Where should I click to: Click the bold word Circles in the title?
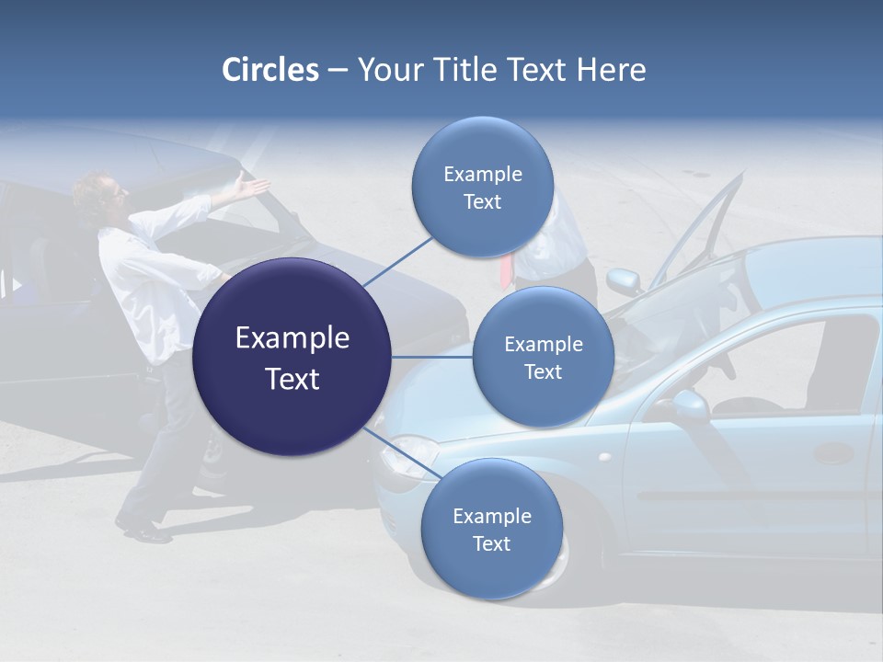pos(270,70)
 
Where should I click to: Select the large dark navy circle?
pos(292,357)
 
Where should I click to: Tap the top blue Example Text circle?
pos(482,188)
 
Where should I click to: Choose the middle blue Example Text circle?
pos(543,357)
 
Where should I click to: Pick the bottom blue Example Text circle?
pos(491,529)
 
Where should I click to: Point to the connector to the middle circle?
pos(431,357)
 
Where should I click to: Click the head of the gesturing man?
pos(99,191)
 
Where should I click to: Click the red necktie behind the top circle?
pos(506,270)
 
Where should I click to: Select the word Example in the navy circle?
pos(292,338)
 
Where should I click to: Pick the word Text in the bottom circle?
pos(491,543)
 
